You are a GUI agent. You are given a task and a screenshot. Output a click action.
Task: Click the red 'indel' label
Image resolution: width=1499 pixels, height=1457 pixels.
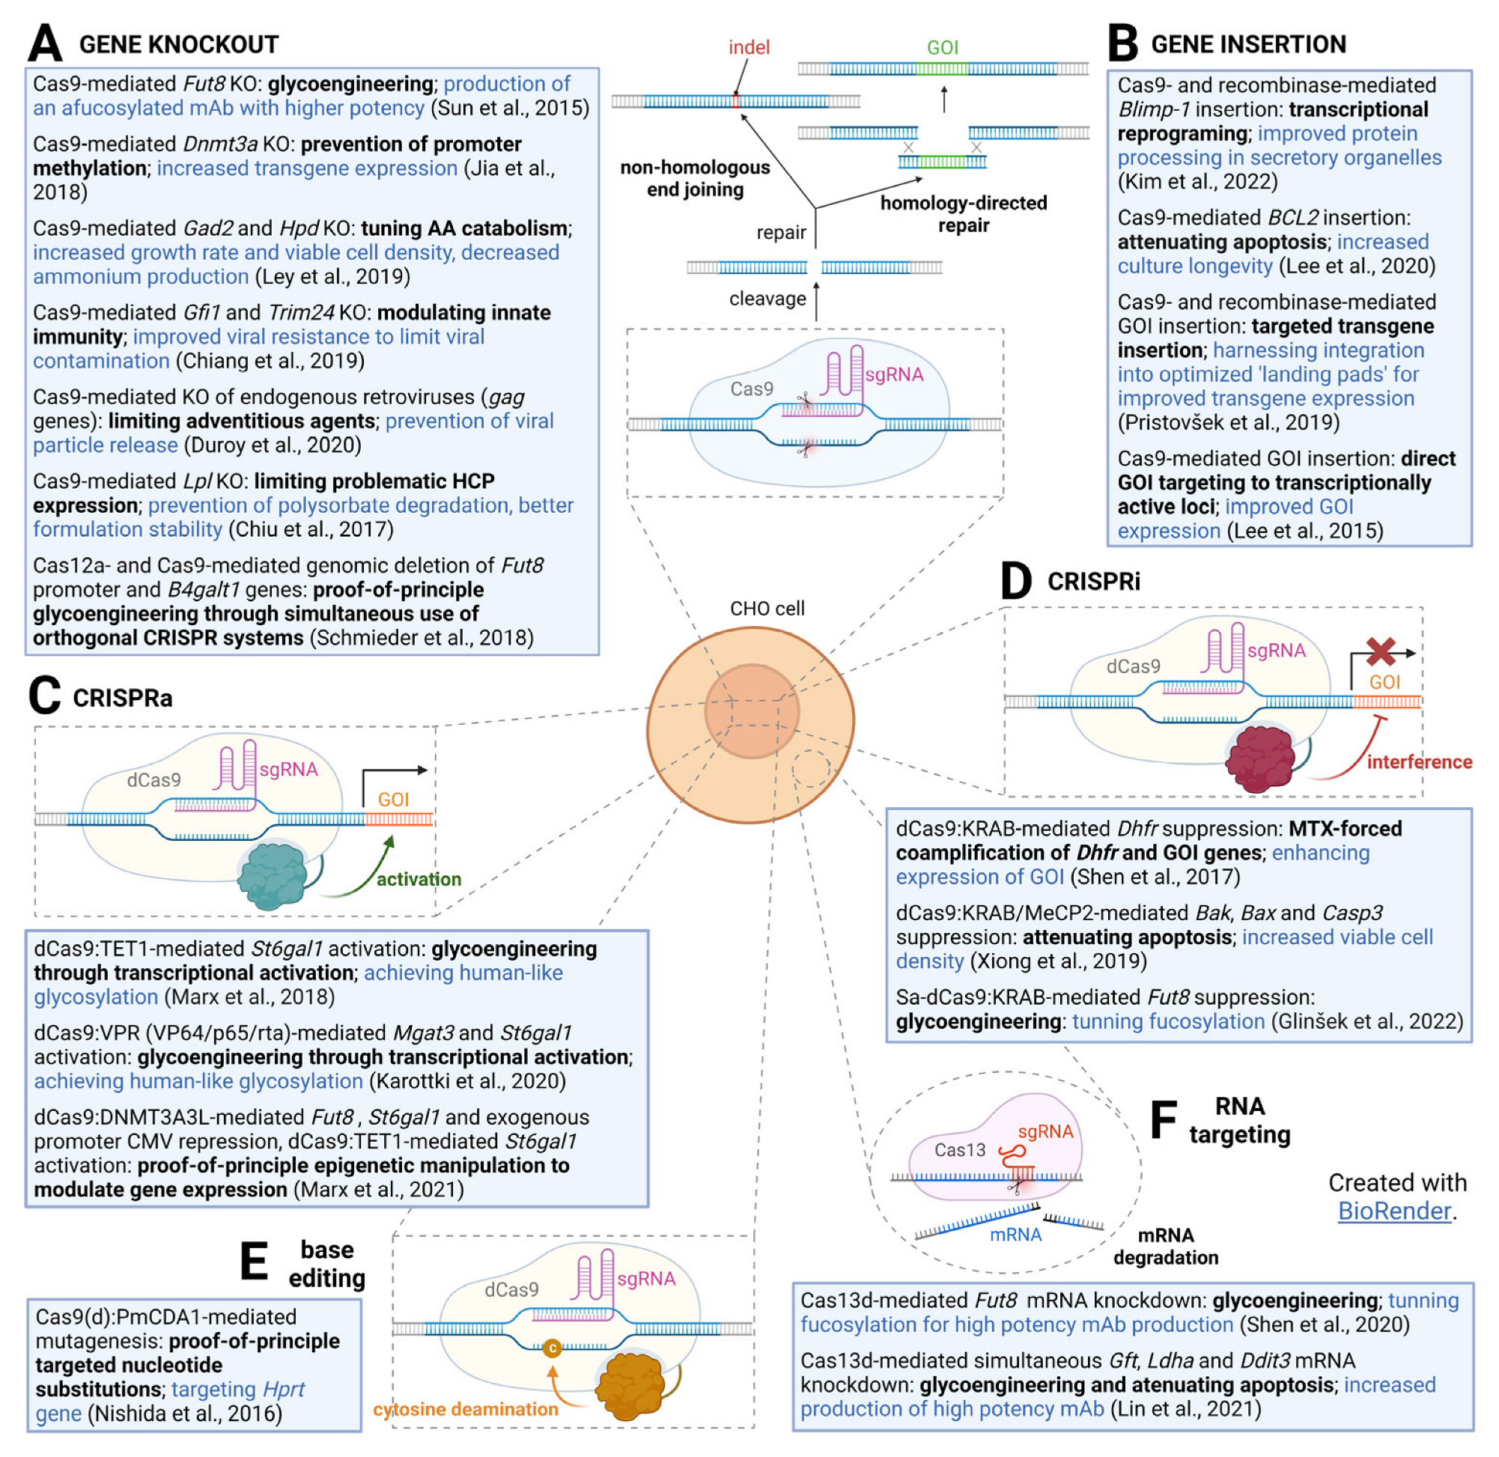click(748, 47)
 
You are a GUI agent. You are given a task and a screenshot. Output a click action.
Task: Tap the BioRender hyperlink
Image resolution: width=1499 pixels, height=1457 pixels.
click(1393, 1211)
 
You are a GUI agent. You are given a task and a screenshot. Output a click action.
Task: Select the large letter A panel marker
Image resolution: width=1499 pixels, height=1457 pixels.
click(44, 43)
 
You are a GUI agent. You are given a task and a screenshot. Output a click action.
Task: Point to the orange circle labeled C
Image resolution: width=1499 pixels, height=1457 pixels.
click(552, 1348)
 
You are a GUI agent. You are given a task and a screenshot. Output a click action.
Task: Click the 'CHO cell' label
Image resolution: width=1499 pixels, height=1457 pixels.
click(767, 609)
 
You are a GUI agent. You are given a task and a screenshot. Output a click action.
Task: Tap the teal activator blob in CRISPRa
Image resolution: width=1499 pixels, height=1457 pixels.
click(273, 874)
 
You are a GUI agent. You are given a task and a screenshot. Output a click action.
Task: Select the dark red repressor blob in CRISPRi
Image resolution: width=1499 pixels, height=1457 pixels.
click(1259, 758)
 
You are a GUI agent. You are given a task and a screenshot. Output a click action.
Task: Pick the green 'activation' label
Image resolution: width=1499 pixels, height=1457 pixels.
click(419, 878)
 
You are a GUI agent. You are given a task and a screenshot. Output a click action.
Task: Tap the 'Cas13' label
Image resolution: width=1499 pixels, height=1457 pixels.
click(960, 1149)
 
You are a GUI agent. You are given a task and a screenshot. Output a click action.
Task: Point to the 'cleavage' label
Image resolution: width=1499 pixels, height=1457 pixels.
click(767, 299)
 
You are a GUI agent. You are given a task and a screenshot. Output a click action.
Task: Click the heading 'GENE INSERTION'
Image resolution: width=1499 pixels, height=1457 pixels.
click(1248, 44)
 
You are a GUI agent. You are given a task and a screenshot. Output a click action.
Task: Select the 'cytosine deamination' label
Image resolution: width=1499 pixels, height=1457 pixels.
click(465, 1409)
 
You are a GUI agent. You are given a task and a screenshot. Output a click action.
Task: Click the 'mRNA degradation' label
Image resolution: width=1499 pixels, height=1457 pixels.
click(1165, 1246)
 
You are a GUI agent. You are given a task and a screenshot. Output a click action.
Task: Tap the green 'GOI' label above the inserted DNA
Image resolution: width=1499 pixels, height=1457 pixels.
click(942, 47)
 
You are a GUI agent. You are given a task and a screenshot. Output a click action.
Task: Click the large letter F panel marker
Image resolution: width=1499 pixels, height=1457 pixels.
click(1163, 1119)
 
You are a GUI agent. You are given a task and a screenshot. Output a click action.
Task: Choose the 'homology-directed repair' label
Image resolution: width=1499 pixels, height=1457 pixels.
click(964, 214)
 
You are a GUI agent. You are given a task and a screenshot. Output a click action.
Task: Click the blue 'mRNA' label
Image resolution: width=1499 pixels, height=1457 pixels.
click(1015, 1235)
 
